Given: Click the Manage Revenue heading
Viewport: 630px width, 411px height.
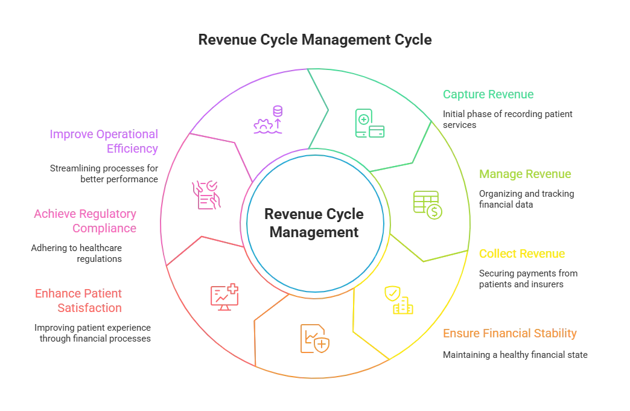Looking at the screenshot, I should pyautogui.click(x=526, y=174).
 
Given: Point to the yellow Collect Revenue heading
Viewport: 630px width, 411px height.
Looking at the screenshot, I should pyautogui.click(x=521, y=254).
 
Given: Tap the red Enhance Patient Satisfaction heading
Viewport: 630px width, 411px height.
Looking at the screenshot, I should pyautogui.click(x=88, y=301).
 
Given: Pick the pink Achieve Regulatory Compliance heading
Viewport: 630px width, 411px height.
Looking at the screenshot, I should pyautogui.click(x=87, y=221).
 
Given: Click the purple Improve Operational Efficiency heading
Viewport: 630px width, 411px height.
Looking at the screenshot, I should pyautogui.click(x=103, y=140).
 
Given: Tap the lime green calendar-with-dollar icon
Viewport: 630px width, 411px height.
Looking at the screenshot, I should pyautogui.click(x=427, y=203).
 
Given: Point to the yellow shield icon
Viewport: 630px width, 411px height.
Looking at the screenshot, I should pyautogui.click(x=398, y=301).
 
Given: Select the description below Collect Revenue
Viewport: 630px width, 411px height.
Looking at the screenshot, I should pyautogui.click(x=528, y=278).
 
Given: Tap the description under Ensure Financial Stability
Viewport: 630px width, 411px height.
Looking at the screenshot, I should pyautogui.click(x=513, y=355).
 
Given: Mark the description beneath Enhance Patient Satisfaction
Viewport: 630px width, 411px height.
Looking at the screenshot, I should pyautogui.click(x=94, y=333).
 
